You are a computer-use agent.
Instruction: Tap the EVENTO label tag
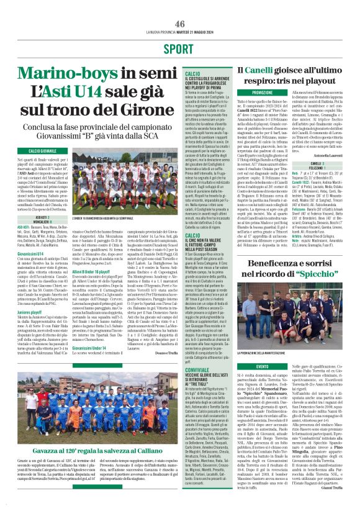coord(263,366)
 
